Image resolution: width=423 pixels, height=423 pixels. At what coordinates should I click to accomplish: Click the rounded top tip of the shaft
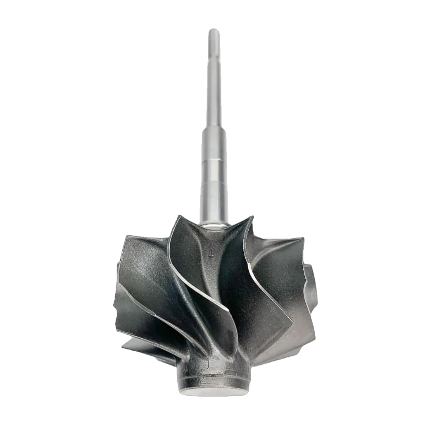(x=214, y=31)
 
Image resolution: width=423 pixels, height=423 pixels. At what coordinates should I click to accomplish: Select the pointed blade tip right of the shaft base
(x=251, y=217)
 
